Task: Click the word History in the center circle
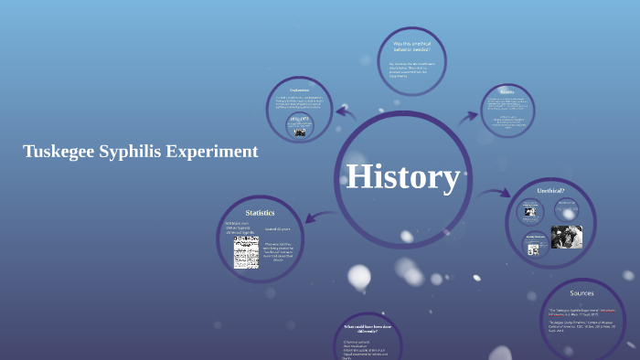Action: point(402,176)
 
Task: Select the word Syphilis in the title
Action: point(133,152)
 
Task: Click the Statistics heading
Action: point(260,212)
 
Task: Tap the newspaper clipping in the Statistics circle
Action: point(246,252)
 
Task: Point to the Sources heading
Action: point(581,293)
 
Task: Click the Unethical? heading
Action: point(551,190)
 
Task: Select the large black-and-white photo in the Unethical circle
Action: point(567,238)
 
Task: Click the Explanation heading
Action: point(300,90)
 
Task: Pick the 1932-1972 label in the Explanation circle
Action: point(300,120)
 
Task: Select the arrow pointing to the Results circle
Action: point(469,116)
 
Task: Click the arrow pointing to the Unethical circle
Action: point(497,193)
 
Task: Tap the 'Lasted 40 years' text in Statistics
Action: point(278,228)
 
